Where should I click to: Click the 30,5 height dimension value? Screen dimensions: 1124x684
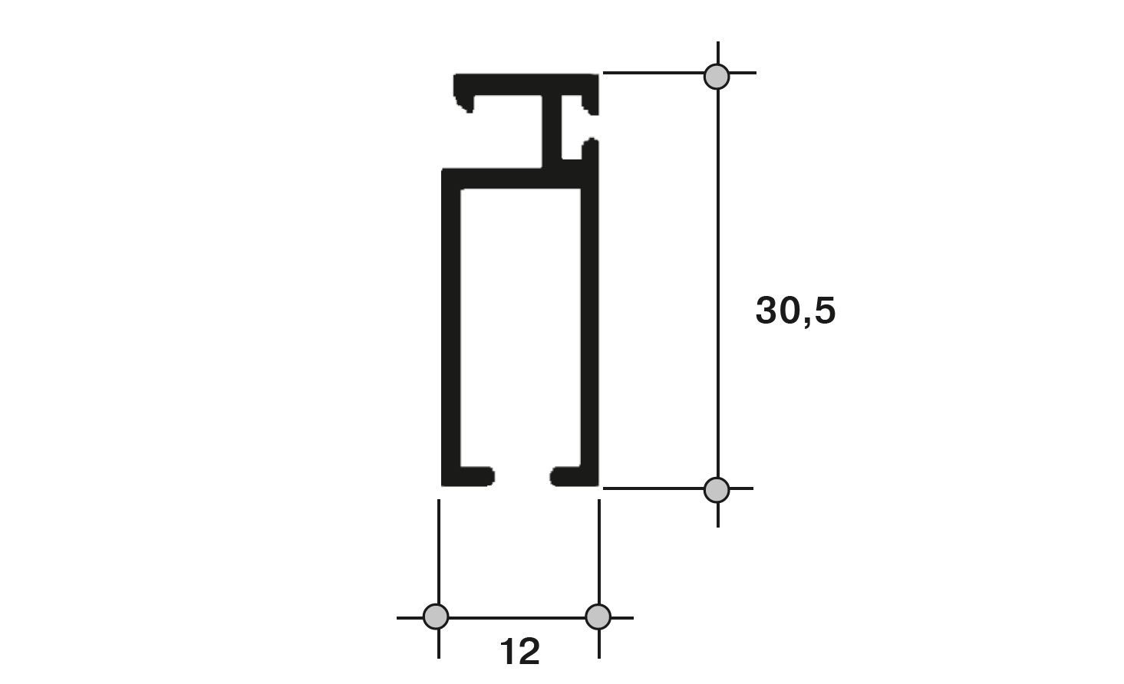(x=796, y=311)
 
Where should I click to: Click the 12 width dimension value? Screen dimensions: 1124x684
(x=520, y=651)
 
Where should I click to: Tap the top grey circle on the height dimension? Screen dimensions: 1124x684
(x=717, y=77)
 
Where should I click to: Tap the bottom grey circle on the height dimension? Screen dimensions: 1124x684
(x=717, y=490)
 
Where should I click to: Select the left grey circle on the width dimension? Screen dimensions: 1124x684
(x=436, y=617)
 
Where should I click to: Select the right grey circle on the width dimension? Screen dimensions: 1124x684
(x=598, y=617)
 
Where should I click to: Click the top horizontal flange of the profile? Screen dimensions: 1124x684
(x=526, y=84)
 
